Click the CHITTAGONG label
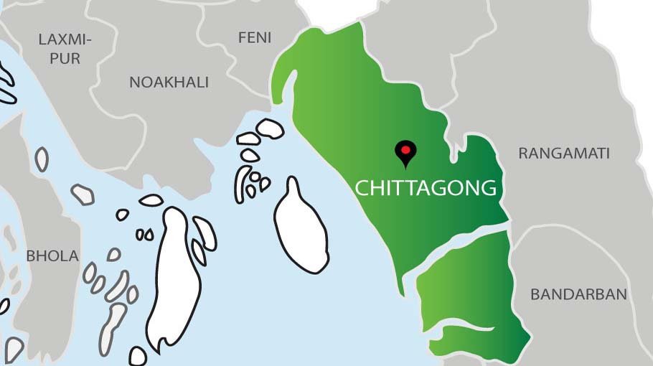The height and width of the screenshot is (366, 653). [426, 188]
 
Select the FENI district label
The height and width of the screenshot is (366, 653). [255, 37]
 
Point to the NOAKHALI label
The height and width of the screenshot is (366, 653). [169, 83]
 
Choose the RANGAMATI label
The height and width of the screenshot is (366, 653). [564, 153]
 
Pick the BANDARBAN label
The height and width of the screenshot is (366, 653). [578, 294]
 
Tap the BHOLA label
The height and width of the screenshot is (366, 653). [52, 255]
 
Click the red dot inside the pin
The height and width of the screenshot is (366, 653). [405, 149]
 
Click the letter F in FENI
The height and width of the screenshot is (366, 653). [242, 37]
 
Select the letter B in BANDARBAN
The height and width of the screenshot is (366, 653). [535, 294]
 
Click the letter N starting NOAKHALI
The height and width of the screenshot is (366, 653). [134, 83]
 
